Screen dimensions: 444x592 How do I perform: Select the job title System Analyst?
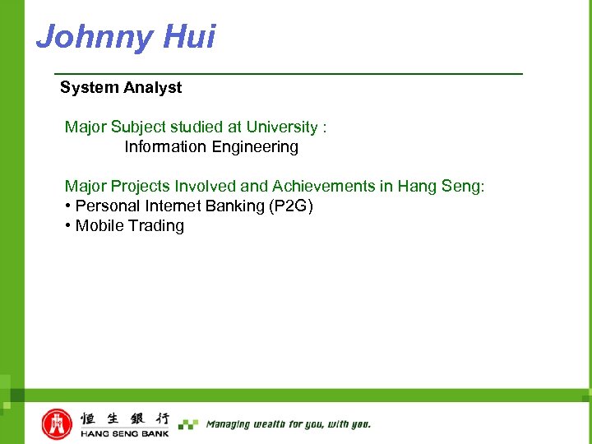click(x=121, y=87)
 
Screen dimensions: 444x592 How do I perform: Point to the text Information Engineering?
click(x=211, y=147)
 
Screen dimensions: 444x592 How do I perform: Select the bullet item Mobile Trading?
click(x=129, y=226)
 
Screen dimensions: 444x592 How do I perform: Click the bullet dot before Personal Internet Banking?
click(x=67, y=206)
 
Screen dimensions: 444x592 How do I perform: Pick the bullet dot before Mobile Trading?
click(x=67, y=226)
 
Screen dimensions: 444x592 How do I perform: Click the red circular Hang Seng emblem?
click(x=57, y=423)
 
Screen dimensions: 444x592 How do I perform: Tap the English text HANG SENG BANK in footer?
click(x=124, y=433)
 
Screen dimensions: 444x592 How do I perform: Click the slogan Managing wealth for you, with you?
click(x=288, y=424)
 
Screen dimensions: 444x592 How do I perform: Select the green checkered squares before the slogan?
click(x=188, y=424)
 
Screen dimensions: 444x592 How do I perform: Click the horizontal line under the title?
click(x=288, y=74)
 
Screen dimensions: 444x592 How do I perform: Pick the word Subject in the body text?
click(x=138, y=127)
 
